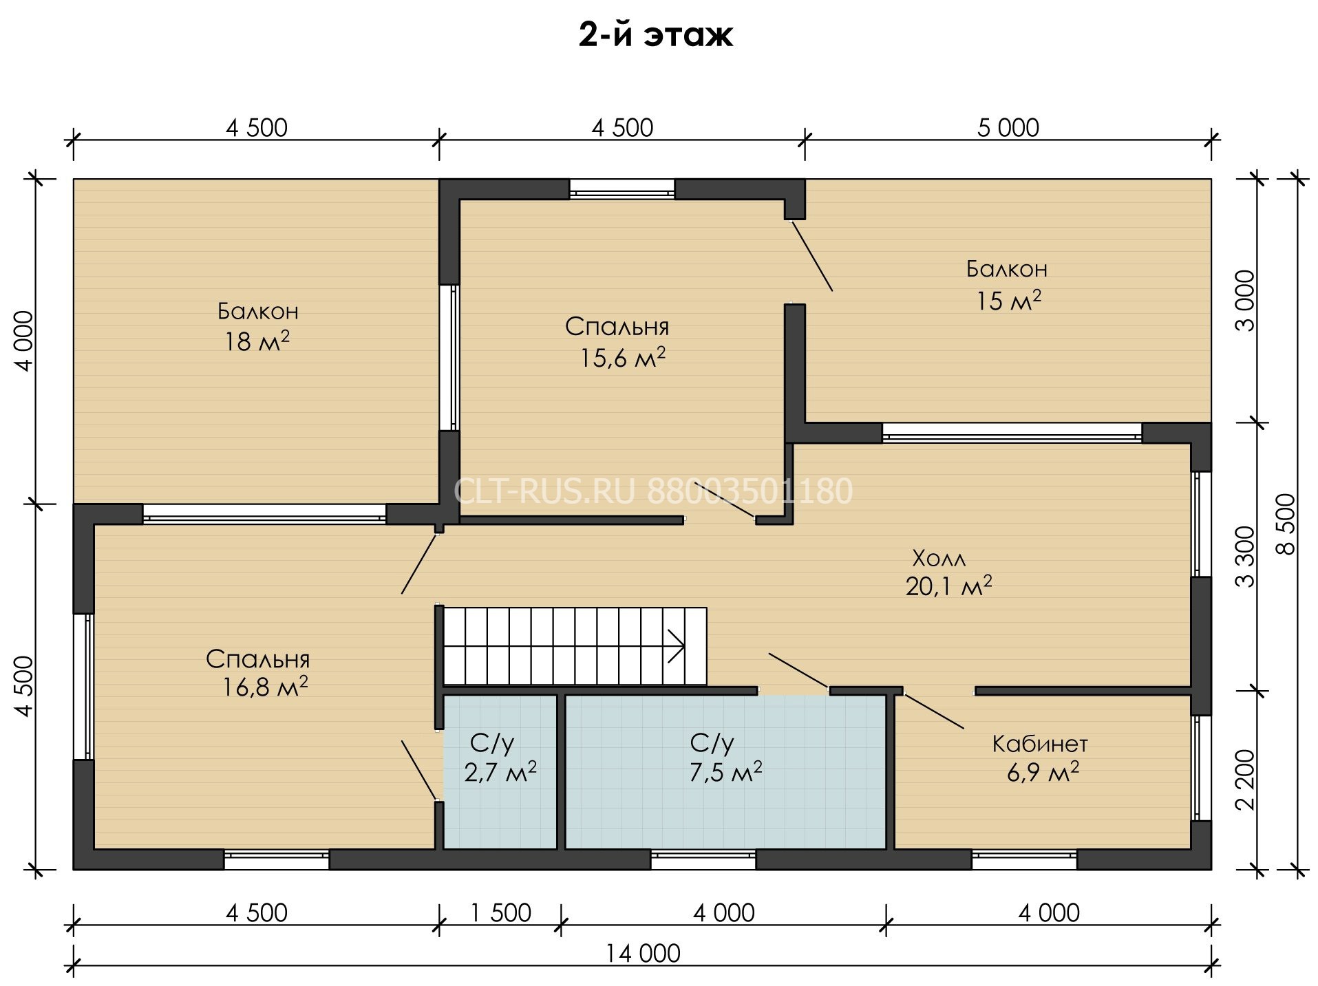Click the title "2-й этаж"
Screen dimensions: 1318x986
pos(655,35)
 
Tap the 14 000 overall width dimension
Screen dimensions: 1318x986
pos(643,954)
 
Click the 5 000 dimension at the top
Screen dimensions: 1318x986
pos(1008,128)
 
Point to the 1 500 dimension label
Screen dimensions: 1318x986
pos(500,913)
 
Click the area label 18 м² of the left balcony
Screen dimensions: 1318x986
pos(257,341)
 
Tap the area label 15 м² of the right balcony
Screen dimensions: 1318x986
pos(1009,300)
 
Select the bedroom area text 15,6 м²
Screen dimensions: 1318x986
pos(623,357)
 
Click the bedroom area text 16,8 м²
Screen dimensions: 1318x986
pos(265,687)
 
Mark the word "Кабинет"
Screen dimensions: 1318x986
pos(1040,743)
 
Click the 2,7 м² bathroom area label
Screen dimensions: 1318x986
pos(500,772)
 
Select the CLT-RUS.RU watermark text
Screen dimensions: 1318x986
pos(544,491)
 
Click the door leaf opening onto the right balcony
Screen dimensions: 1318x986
pos(812,255)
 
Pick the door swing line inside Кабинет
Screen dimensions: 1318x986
pos(934,711)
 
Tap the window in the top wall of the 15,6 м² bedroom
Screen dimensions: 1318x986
pos(622,189)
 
